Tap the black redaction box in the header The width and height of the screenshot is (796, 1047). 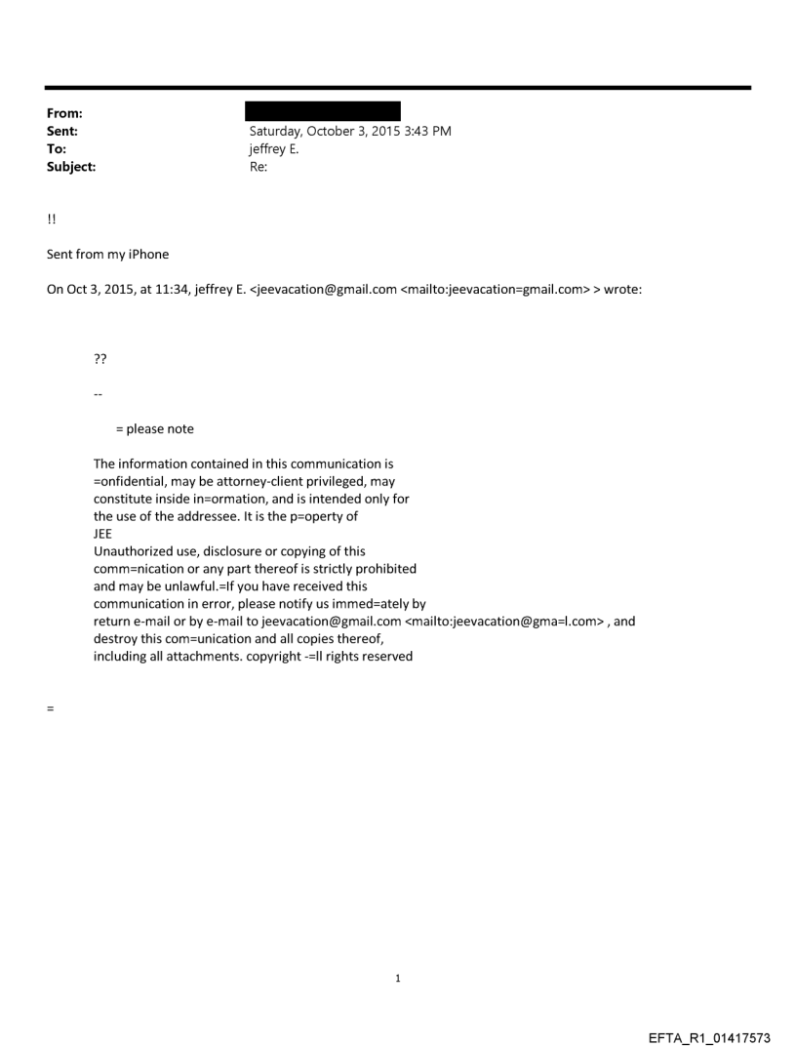coord(324,111)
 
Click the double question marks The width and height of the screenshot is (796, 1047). coord(99,359)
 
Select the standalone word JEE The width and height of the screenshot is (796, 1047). coord(103,534)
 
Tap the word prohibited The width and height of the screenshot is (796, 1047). coord(386,569)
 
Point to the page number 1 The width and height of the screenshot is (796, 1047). coord(398,978)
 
